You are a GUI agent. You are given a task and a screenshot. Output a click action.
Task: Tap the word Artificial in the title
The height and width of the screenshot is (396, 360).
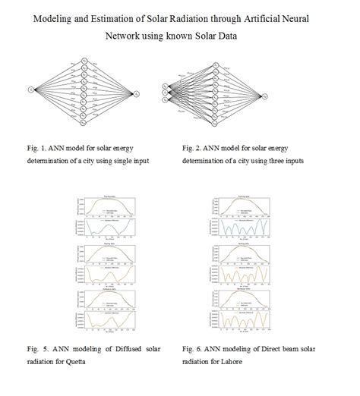(275, 16)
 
